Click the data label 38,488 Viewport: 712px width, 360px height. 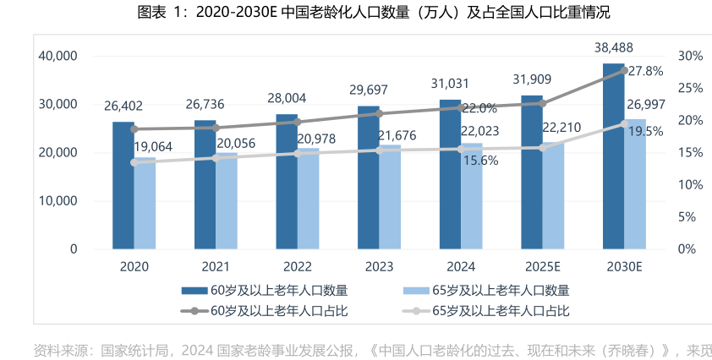(614, 47)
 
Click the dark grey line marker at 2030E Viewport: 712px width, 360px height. (625, 70)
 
